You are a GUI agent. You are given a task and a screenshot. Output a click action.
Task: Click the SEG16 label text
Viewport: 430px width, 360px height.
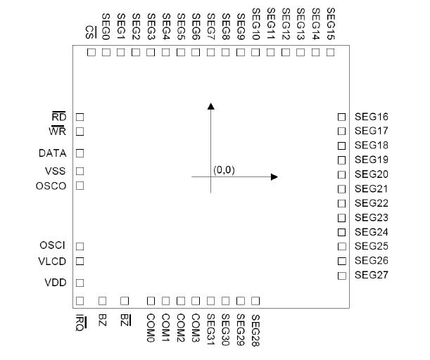coord(372,117)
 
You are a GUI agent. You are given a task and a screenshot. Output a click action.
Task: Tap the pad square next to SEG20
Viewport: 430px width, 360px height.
coord(341,174)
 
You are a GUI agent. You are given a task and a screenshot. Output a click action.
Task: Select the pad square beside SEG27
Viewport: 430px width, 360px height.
coord(341,275)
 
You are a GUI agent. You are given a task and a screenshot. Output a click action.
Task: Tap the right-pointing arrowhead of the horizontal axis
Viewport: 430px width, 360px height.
coord(274,176)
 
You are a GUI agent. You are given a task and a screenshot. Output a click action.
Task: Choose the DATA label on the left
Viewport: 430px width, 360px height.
coord(52,153)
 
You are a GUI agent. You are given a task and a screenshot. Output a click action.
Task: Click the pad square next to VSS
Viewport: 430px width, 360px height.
coord(80,171)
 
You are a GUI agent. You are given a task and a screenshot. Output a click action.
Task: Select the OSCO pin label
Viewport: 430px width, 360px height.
coord(51,186)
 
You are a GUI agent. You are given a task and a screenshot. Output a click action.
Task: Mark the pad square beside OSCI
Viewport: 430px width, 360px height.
coord(80,246)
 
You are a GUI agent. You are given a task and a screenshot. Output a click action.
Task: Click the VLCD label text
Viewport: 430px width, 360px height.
coord(52,261)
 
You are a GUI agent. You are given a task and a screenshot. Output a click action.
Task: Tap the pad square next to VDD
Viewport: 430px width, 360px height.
coord(80,283)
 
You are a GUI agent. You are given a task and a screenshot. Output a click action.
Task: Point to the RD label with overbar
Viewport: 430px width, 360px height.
coord(58,117)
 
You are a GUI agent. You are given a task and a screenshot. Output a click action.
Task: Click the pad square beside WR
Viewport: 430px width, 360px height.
coord(80,131)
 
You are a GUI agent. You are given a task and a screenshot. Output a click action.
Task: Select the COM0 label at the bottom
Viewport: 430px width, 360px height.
coord(150,325)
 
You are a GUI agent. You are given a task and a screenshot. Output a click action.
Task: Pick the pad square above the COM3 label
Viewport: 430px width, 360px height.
coord(196,301)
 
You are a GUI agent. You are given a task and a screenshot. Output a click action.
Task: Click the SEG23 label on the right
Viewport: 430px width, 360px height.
coord(372,217)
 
